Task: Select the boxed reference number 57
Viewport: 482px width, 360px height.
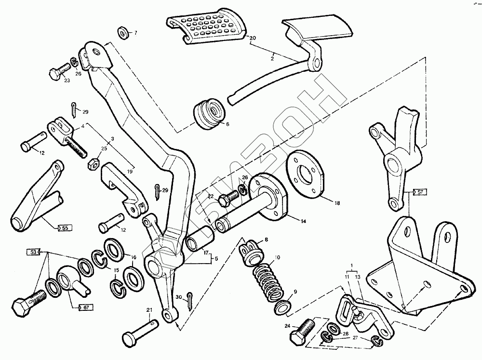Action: (x=420, y=192)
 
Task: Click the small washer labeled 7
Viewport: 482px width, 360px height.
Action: (x=122, y=33)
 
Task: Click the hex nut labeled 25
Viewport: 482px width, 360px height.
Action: (x=94, y=164)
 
